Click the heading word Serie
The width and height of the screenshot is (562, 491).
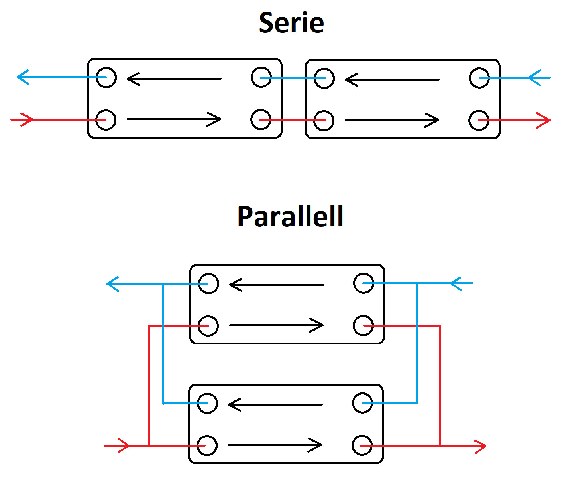291,23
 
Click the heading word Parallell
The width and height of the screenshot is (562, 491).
290,216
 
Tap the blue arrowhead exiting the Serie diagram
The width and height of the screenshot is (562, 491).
22,77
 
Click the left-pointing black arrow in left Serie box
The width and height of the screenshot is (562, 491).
174,79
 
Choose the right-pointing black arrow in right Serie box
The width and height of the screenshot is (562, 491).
392,120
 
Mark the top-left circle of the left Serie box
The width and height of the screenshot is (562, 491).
106,77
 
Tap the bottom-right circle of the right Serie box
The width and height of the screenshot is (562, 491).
479,120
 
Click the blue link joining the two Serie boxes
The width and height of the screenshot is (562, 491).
293,78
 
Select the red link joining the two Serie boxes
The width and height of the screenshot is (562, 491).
293,120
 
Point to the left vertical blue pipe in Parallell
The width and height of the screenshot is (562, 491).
163,343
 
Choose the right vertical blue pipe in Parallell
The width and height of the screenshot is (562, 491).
417,343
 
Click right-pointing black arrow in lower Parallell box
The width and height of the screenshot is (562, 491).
275,445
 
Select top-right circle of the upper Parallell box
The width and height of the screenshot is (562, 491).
364,283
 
